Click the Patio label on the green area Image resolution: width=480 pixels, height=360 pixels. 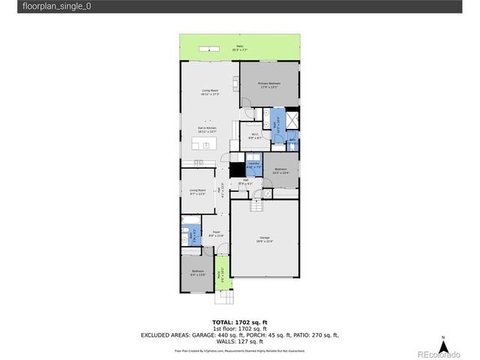[240, 48]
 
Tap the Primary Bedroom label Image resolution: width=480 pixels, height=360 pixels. [269, 85]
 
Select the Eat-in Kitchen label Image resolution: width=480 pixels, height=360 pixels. [208, 130]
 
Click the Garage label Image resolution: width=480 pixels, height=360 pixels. [263, 239]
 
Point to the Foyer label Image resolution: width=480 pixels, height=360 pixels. [215, 234]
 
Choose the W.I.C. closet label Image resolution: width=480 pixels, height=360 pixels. [254, 136]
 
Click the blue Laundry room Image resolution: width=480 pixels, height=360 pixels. [253, 165]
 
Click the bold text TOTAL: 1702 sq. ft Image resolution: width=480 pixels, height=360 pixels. [240, 322]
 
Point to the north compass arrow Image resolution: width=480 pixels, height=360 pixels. [443, 346]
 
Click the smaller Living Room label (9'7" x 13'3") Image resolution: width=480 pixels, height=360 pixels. [198, 191]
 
